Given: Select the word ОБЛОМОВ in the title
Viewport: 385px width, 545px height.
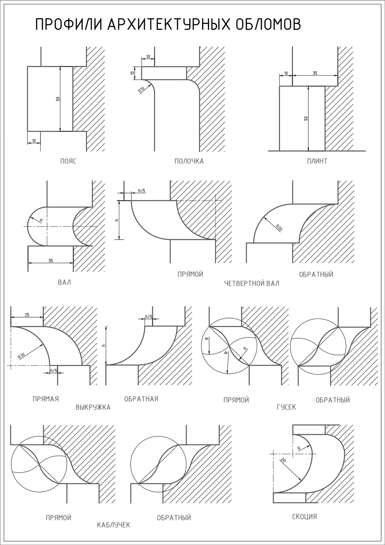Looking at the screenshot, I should click(x=268, y=25).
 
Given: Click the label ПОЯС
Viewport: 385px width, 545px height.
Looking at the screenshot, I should click(x=68, y=161).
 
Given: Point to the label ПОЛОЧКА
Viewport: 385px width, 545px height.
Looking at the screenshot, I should click(x=189, y=161).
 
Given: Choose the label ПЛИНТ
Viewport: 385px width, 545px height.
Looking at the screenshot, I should click(x=317, y=161).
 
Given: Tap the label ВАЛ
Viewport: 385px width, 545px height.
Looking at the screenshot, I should click(x=64, y=283).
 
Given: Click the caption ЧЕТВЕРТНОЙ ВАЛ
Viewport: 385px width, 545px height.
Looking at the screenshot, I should click(x=252, y=283).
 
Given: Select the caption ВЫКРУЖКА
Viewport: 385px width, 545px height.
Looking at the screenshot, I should click(x=93, y=407).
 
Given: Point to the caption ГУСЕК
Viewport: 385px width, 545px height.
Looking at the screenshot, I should click(x=286, y=407).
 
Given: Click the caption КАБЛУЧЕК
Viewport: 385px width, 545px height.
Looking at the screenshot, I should click(x=113, y=525).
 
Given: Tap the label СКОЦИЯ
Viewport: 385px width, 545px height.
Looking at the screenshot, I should click(x=304, y=517).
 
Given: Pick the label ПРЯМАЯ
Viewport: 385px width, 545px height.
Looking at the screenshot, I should click(x=45, y=399).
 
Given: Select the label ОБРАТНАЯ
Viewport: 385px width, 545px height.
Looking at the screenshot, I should click(x=141, y=399).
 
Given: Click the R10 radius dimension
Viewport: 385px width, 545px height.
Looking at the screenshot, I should click(x=141, y=90).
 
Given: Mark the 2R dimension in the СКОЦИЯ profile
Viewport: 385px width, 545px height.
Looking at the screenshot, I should click(x=283, y=461).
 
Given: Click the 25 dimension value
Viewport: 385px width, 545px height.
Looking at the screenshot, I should click(x=27, y=315).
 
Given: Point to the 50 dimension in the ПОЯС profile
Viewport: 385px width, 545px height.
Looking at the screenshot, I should click(x=58, y=99).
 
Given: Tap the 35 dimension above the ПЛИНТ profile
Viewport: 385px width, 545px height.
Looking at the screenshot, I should click(x=315, y=73).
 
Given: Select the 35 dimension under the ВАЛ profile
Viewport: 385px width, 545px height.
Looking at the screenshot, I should click(x=50, y=260).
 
